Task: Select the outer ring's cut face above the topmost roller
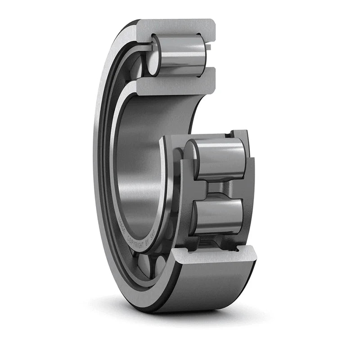[175, 27]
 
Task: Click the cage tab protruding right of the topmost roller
[210, 45]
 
